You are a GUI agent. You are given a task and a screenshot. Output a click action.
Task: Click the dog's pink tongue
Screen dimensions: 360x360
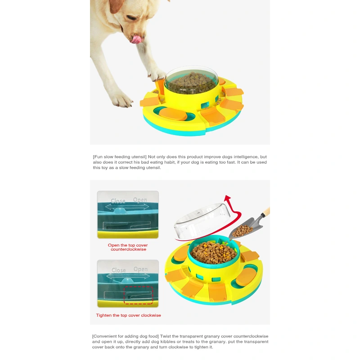136,39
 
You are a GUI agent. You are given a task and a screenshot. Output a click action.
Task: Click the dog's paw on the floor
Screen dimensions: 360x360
121,99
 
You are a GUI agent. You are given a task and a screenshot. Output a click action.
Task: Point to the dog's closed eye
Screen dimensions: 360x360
131,18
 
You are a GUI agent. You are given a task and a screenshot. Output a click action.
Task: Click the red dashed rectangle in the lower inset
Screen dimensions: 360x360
139,295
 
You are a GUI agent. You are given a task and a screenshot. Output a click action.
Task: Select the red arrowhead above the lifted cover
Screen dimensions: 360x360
228,198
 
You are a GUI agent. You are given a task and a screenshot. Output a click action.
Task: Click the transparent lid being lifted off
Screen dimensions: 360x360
202,221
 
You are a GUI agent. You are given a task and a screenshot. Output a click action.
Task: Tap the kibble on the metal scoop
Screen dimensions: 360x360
242,231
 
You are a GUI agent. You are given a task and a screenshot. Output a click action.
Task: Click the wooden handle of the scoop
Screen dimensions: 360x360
266,212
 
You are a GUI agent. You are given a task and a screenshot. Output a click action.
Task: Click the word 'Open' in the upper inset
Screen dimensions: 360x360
140,200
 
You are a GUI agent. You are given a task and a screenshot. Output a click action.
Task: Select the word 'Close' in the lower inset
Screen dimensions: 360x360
118,270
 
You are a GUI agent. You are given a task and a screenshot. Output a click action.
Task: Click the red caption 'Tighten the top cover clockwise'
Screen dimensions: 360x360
128,315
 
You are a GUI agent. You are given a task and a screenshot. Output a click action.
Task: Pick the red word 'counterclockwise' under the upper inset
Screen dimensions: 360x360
128,249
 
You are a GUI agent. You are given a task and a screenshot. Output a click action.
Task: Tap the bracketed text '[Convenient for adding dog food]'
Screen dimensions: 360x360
126,336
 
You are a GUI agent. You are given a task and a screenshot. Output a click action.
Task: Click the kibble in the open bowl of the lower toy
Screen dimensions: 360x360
213,252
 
